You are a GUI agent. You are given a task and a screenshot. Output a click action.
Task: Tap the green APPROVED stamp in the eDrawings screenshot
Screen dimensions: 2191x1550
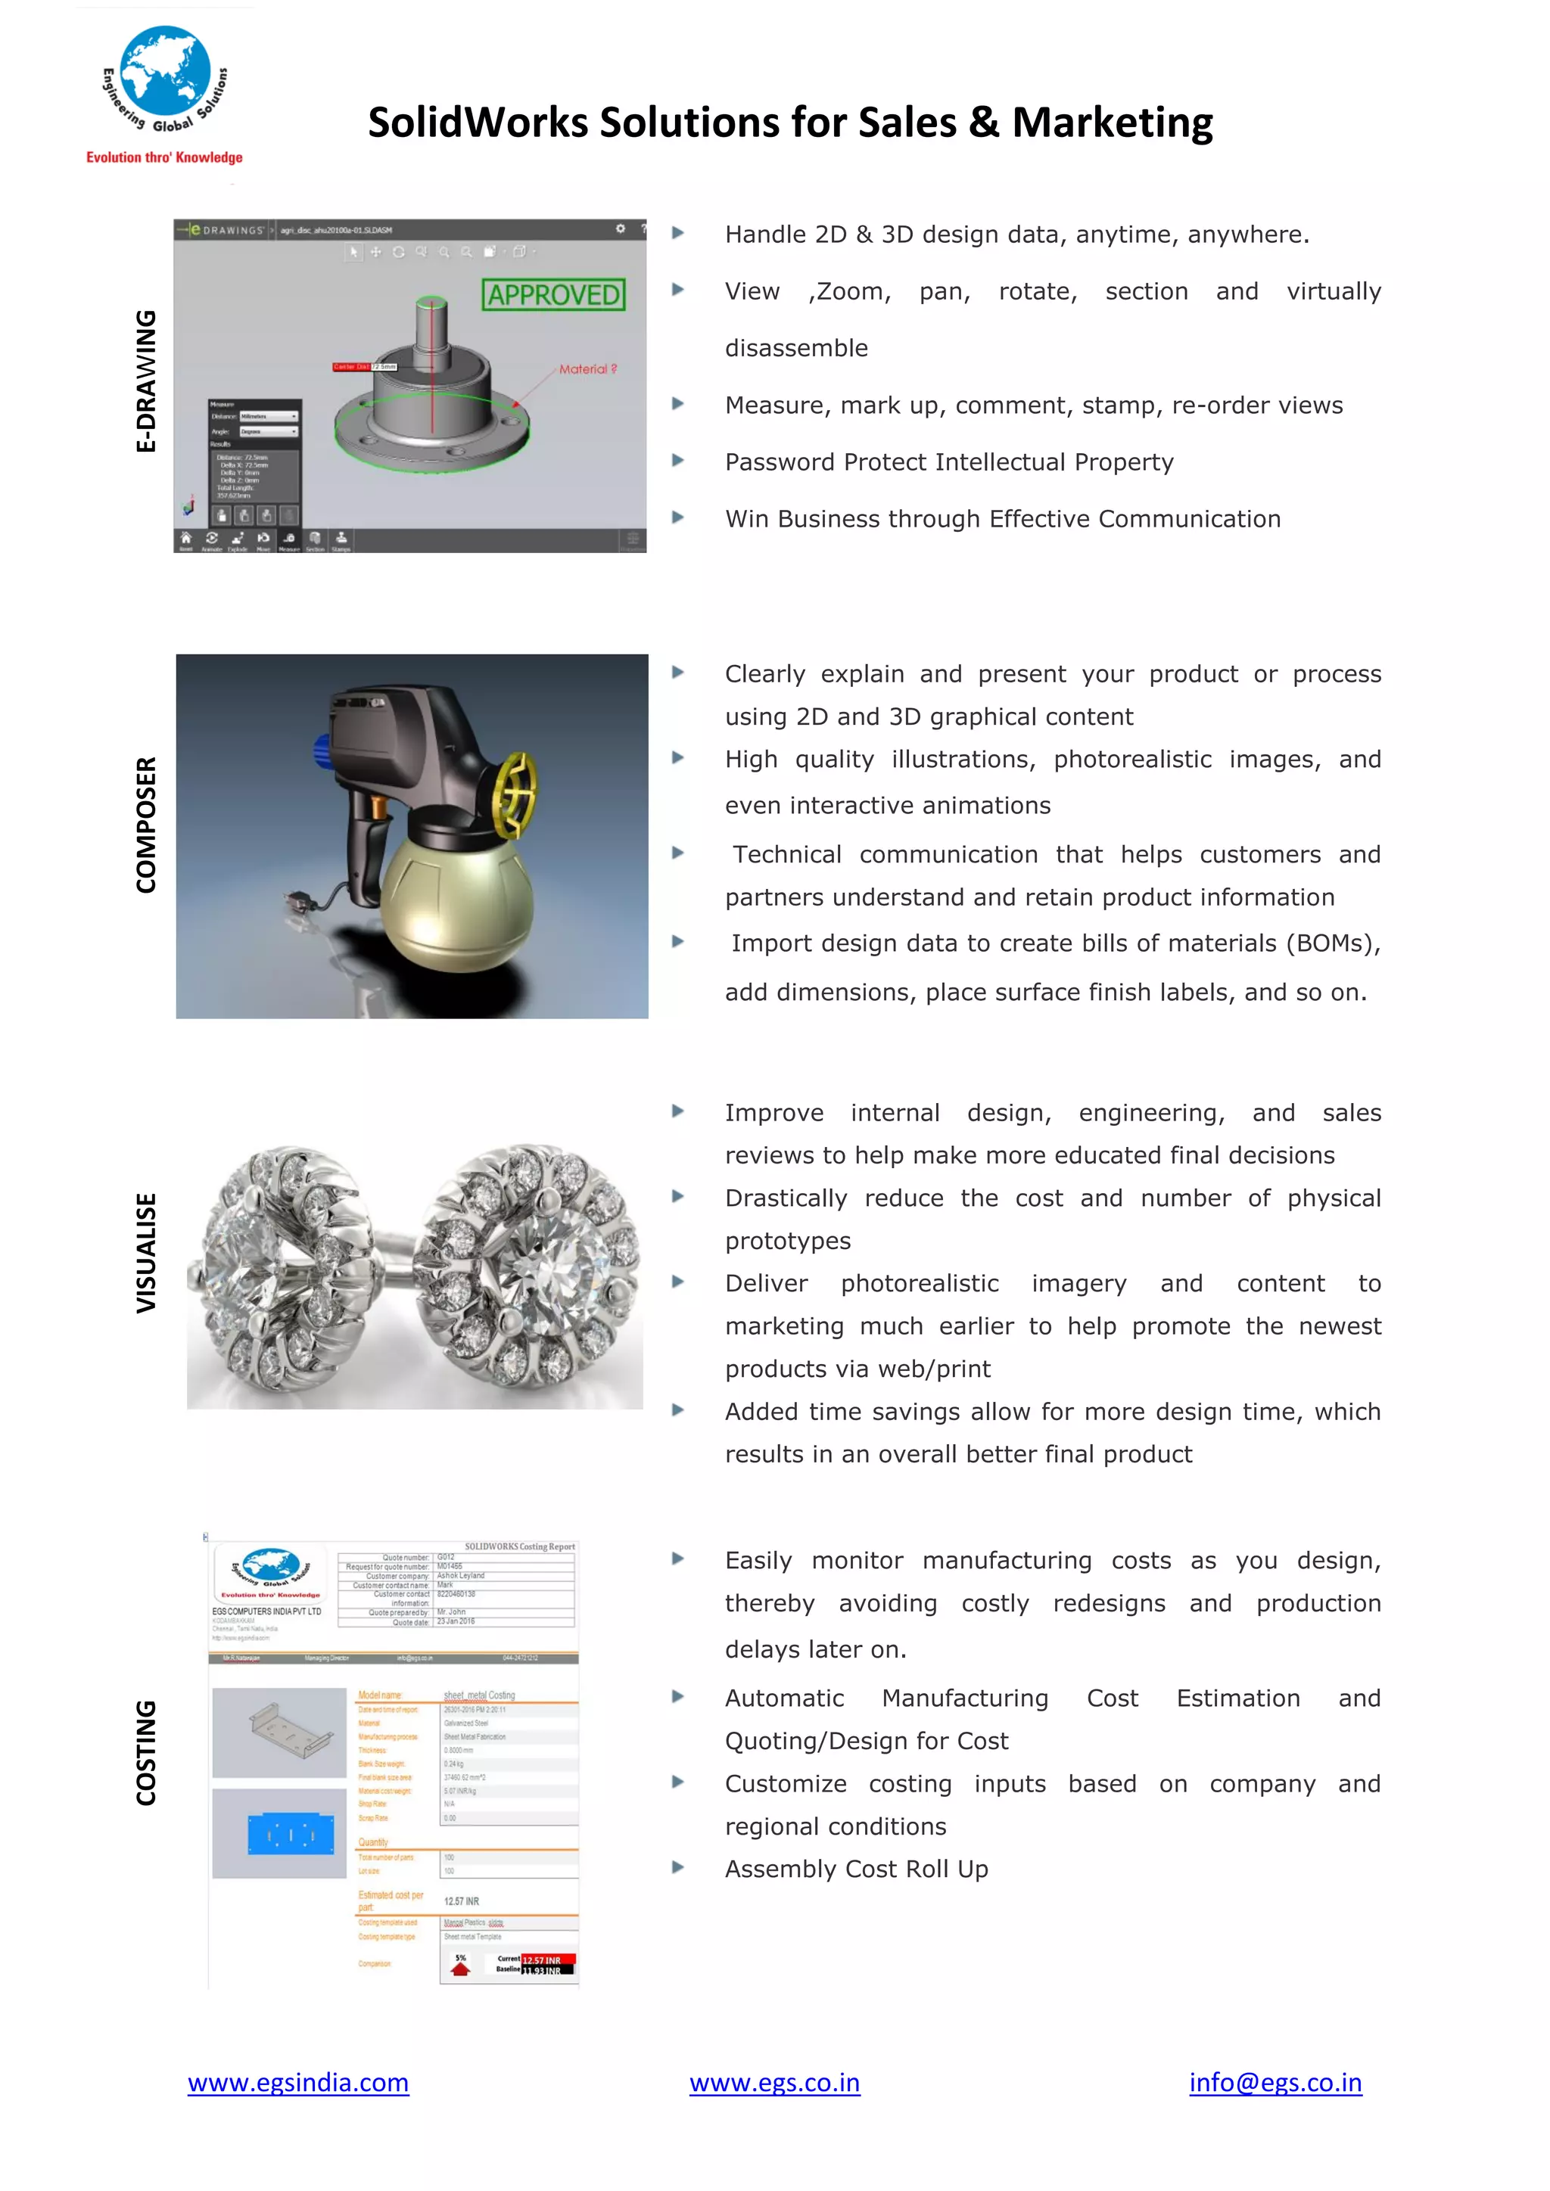coord(553,295)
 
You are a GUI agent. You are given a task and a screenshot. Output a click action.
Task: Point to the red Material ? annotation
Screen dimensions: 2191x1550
coord(587,369)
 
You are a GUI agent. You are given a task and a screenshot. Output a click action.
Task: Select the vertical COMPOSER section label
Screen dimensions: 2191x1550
coord(145,825)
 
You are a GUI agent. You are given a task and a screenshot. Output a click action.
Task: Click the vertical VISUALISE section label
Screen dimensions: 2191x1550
coord(145,1252)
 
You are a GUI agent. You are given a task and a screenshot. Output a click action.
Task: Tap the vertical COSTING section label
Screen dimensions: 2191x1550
coord(145,1752)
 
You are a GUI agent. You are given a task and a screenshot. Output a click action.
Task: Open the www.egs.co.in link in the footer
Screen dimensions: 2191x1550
coord(774,2082)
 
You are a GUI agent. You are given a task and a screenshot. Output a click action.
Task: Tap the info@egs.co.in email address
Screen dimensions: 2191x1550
coord(1275,2082)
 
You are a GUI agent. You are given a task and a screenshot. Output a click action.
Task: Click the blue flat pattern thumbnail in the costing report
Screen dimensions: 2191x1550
coord(290,1834)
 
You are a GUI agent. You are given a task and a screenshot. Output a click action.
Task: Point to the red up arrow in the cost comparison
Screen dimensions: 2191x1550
coord(460,1967)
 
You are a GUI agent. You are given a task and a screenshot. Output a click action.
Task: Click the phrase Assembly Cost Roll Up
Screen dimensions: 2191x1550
coord(856,1869)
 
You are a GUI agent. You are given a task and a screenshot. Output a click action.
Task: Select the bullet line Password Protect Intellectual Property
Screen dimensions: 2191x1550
coord(949,462)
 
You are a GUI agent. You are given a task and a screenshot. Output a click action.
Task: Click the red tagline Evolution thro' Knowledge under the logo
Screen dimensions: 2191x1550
coord(164,157)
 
